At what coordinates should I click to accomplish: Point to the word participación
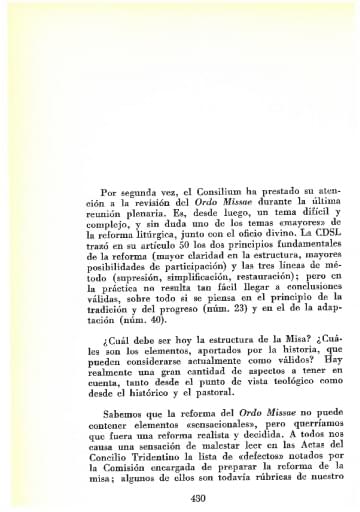191,239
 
